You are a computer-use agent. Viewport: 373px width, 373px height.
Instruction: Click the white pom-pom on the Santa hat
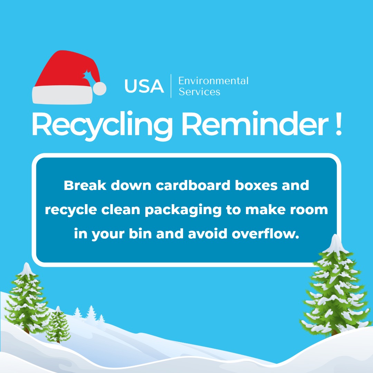tap(101, 89)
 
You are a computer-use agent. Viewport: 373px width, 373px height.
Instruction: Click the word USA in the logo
tap(144, 86)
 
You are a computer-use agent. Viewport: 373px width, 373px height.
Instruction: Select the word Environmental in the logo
tap(213, 81)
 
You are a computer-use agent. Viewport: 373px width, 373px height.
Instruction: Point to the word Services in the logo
tap(199, 92)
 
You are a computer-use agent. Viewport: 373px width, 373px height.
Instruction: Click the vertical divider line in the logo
tap(171, 86)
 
